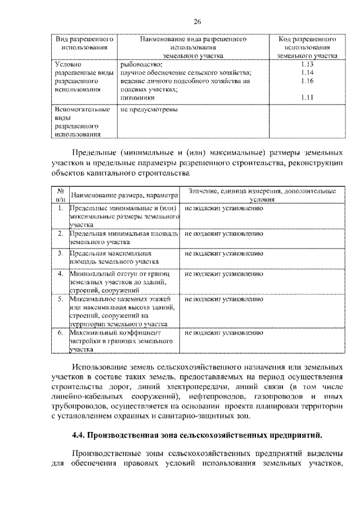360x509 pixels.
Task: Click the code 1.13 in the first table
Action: pyautogui.click(x=307, y=65)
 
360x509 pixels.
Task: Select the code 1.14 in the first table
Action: pyautogui.click(x=307, y=73)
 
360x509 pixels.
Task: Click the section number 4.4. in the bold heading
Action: pyautogui.click(x=81, y=434)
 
